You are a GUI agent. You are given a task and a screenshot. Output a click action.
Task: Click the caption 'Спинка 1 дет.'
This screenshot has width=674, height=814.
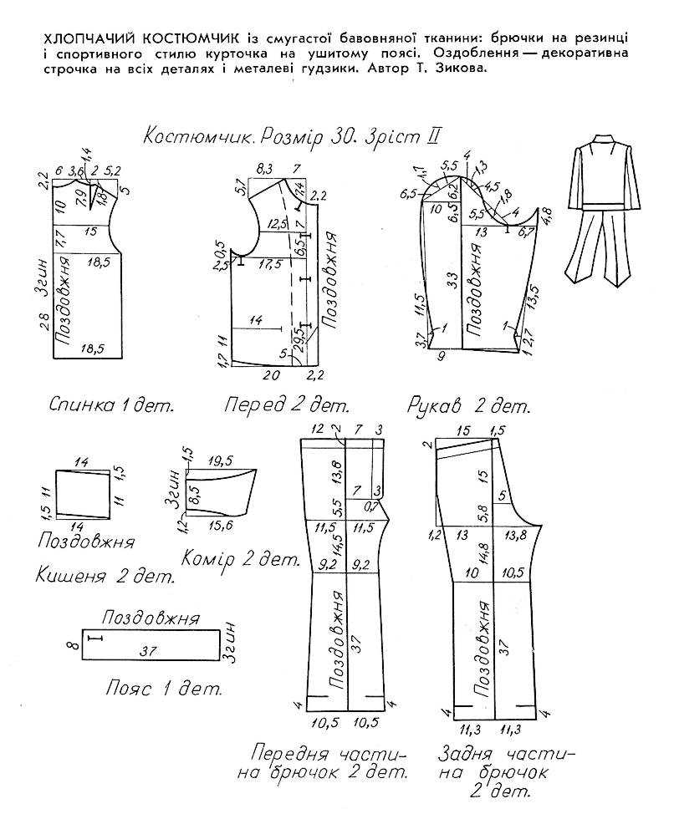(110, 407)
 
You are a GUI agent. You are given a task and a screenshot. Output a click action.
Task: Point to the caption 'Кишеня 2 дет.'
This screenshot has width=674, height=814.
(105, 576)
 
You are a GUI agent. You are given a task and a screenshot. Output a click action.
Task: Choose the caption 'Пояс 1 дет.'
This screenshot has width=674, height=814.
(164, 689)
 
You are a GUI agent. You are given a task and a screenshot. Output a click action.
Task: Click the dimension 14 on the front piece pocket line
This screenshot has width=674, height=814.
(256, 319)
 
